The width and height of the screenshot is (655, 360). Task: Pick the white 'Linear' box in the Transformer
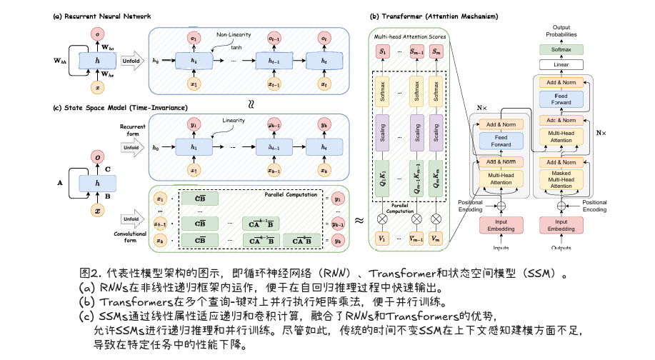[561, 65]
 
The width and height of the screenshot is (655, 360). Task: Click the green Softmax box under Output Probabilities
[561, 49]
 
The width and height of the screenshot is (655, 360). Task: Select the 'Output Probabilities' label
[561, 30]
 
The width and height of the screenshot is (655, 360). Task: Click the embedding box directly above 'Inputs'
[501, 224]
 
